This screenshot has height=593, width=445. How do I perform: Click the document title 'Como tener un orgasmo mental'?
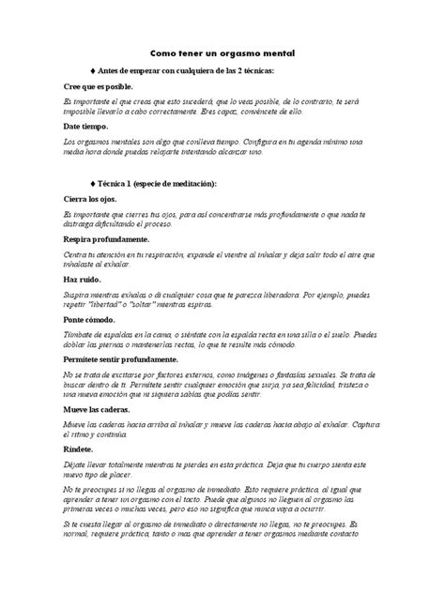tap(222, 55)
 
